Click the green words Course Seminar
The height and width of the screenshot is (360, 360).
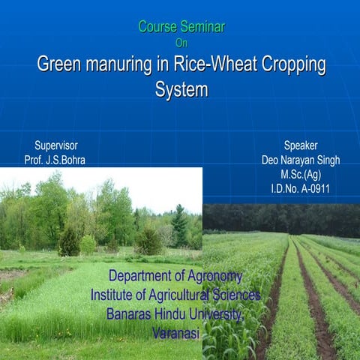coord(181,27)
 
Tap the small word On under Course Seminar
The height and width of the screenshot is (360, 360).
coord(181,43)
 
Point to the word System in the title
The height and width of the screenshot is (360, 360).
coord(181,89)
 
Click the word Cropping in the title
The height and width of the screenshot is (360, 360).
coord(292,65)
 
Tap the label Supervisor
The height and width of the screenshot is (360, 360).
coord(55,145)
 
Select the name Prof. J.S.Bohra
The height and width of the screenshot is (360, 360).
coord(55,160)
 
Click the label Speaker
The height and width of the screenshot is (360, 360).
coord(300,145)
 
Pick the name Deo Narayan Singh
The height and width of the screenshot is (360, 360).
coord(300,160)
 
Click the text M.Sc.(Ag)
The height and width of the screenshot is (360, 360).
coord(300,174)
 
